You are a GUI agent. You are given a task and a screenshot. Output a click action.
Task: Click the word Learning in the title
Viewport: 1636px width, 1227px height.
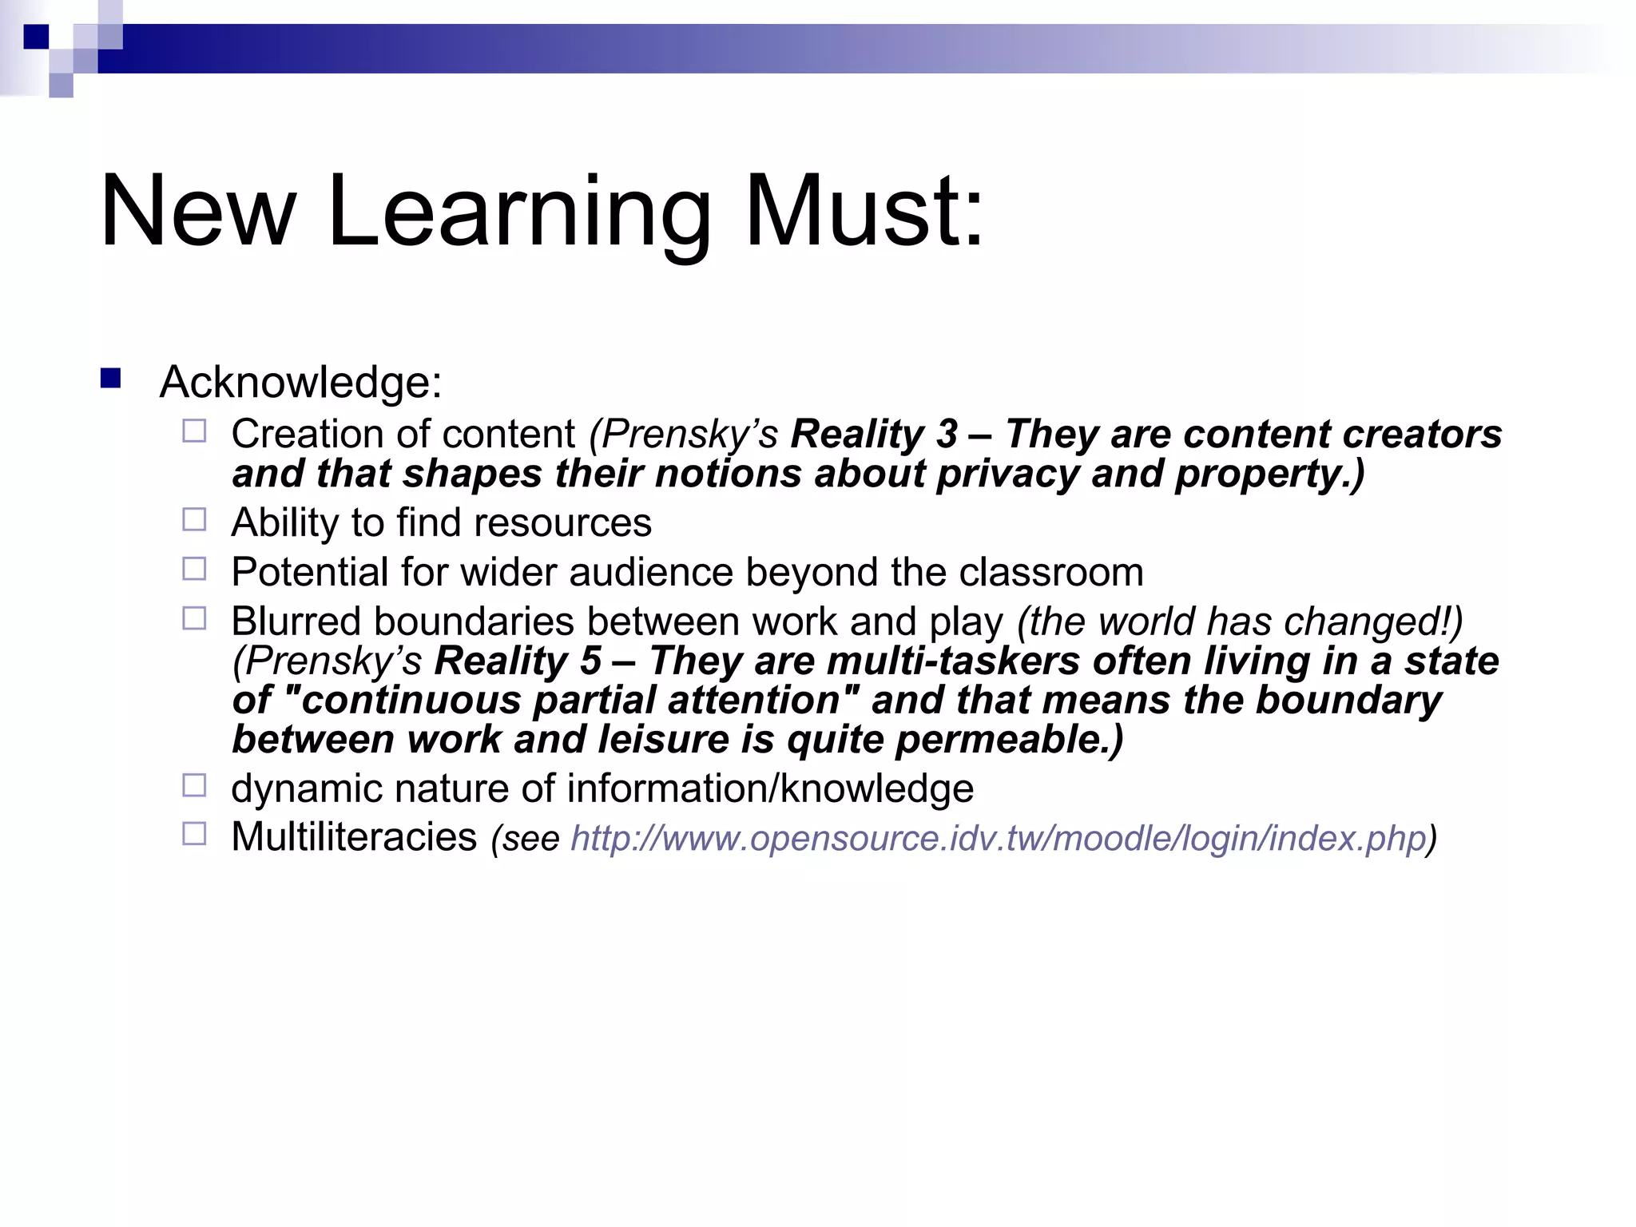coord(518,212)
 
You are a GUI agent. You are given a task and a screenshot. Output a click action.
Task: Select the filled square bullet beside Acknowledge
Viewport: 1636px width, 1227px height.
coord(110,378)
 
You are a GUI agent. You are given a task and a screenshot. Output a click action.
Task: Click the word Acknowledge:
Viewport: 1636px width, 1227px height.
coord(300,382)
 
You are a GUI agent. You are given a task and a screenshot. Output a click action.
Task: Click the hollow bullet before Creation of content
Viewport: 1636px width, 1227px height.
coord(194,431)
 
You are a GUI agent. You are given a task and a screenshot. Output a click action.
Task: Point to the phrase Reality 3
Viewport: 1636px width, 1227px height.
coord(873,435)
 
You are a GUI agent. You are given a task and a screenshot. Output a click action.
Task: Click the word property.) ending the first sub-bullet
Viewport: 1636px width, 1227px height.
coord(1269,474)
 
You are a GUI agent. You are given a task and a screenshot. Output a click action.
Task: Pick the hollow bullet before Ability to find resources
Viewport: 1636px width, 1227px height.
coord(194,520)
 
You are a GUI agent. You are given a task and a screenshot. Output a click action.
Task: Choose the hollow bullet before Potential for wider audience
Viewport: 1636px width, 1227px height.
coord(194,569)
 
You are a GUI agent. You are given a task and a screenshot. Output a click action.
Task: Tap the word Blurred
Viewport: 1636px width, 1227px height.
coord(296,621)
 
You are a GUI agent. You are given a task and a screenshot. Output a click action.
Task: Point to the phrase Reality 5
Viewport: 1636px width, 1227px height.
coord(517,661)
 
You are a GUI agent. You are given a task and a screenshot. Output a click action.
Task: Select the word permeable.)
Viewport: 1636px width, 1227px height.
coord(1009,740)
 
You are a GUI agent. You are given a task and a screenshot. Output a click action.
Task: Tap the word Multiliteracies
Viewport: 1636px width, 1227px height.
coord(354,837)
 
